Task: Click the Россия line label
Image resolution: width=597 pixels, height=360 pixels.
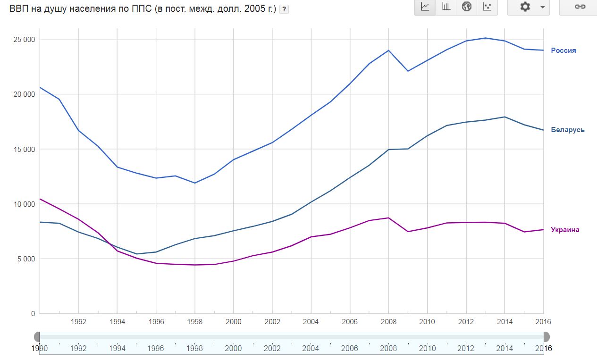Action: click(563, 50)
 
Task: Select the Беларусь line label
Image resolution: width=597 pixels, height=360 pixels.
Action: click(567, 130)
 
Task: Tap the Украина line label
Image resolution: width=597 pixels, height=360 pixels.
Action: click(565, 230)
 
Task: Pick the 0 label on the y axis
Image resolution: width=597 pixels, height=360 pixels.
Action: click(33, 314)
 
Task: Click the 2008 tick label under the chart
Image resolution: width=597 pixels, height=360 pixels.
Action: click(388, 322)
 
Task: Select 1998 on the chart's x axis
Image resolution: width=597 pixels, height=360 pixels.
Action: click(194, 322)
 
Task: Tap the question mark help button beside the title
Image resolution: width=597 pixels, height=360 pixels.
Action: click(284, 9)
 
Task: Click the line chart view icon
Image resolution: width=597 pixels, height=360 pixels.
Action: click(425, 7)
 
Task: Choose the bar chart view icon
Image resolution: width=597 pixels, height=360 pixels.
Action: click(446, 7)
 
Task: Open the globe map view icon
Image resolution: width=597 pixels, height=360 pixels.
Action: click(467, 7)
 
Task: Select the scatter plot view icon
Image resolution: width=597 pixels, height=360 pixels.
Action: click(488, 7)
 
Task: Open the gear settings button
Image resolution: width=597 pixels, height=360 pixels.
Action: click(529, 7)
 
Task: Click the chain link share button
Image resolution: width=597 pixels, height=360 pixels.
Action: click(580, 7)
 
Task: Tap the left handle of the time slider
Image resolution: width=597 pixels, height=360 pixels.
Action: click(37, 337)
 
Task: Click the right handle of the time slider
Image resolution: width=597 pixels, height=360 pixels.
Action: click(546, 337)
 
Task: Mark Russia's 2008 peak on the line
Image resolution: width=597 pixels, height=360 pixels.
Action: click(388, 50)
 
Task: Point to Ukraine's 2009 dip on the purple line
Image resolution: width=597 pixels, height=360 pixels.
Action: click(408, 232)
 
